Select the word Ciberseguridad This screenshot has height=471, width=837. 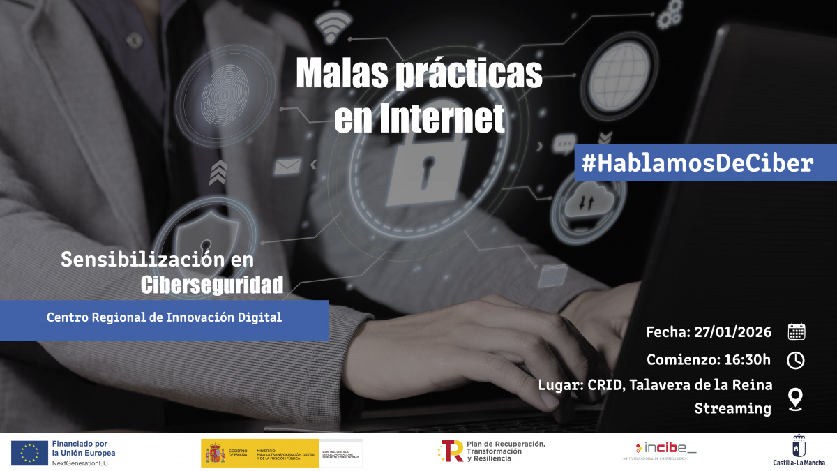tap(212, 284)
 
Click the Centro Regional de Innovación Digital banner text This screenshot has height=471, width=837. tap(164, 317)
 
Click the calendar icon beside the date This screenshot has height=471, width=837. tap(796, 331)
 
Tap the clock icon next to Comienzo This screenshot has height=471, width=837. tap(796, 360)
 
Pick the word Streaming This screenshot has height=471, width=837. tap(732, 409)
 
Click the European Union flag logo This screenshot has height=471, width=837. tap(29, 453)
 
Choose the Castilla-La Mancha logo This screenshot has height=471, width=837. tap(799, 450)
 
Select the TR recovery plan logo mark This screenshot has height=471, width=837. tap(451, 451)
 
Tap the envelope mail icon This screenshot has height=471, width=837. tap(287, 166)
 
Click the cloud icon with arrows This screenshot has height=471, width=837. tap(582, 204)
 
